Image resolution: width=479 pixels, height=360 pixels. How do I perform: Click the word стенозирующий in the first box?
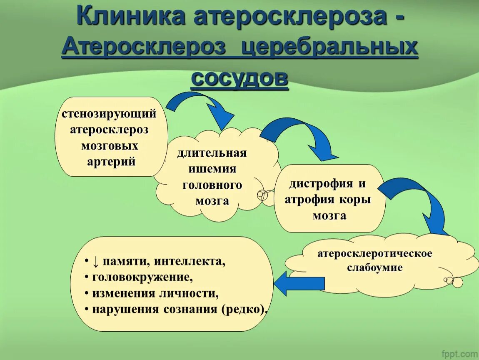click(x=109, y=114)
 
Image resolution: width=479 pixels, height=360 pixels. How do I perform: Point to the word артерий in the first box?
click(x=112, y=162)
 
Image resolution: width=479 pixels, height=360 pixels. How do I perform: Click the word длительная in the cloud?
click(x=212, y=153)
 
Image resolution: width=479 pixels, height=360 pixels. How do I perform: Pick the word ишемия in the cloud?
click(x=212, y=169)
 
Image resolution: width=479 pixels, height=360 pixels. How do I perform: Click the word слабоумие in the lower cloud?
click(x=375, y=267)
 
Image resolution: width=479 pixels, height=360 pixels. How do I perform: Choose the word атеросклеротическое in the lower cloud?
click(x=375, y=253)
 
